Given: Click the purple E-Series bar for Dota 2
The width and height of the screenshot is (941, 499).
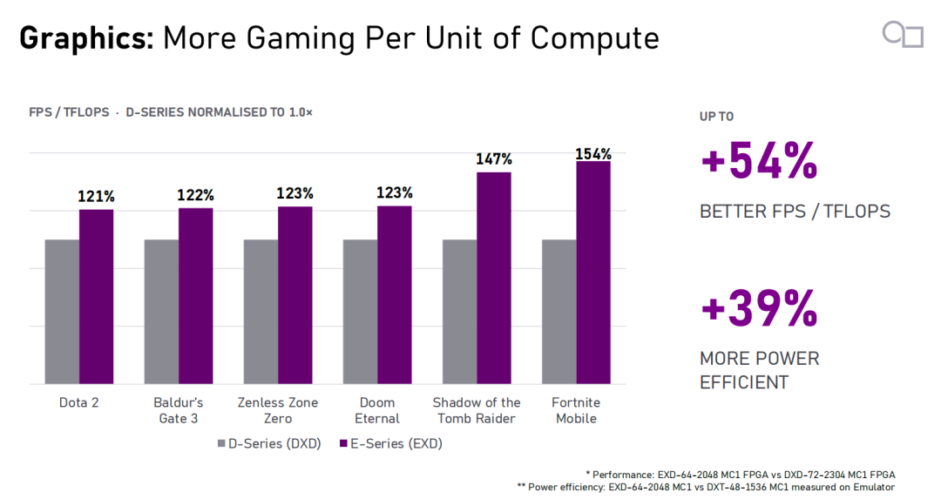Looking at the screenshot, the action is (x=96, y=297).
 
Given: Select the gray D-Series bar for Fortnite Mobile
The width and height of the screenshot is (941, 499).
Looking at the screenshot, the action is (x=559, y=312).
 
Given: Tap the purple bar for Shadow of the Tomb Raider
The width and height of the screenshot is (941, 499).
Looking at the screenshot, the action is (x=494, y=279).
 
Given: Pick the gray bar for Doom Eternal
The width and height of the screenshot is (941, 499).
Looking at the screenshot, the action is (x=360, y=312).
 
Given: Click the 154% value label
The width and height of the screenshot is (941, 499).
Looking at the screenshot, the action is (x=593, y=154).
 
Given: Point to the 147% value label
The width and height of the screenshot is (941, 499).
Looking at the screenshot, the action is (x=494, y=159).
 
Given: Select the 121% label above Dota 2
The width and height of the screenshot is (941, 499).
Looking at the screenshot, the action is (x=96, y=196).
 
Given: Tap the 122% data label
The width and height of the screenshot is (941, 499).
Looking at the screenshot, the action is (x=196, y=195).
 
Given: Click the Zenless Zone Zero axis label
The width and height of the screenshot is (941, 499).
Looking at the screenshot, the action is (x=278, y=410).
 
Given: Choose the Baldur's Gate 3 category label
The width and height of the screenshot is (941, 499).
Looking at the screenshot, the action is (x=179, y=410).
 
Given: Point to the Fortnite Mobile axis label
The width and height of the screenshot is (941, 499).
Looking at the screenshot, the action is (x=576, y=410).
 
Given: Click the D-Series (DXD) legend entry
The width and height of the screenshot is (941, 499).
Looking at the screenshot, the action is (x=269, y=444).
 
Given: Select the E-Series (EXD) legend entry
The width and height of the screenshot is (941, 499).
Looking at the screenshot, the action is (x=391, y=444).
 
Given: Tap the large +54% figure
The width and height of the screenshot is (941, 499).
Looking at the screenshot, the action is (x=759, y=161).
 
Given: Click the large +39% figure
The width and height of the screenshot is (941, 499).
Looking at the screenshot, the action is (x=759, y=308).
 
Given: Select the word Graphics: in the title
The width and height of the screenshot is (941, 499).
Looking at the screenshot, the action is (x=86, y=38).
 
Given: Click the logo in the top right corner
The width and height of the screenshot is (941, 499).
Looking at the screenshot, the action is (x=903, y=34).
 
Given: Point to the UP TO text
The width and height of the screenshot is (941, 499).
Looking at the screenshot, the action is (x=716, y=117).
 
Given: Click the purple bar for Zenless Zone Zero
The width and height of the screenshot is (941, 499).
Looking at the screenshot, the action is (x=295, y=296).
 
